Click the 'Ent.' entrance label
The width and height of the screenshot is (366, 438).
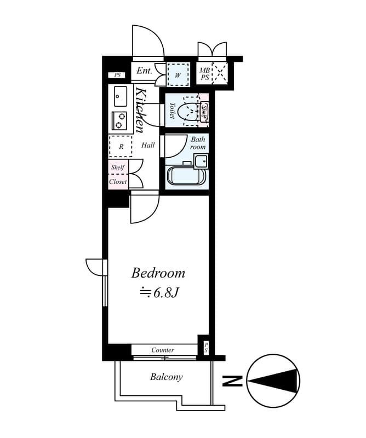144,71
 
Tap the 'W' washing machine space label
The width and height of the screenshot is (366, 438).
178,75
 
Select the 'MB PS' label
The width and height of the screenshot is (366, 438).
204,74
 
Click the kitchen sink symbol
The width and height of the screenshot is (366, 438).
120,97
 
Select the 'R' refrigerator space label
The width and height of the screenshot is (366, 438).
121,147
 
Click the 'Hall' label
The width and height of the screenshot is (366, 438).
148,146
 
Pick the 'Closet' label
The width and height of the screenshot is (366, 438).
118,182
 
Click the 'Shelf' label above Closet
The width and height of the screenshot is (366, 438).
117,168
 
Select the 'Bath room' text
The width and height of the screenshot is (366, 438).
198,143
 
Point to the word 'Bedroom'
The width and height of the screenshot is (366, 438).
158,273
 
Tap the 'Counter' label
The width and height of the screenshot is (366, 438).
163,350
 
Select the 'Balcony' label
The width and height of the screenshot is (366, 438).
166,377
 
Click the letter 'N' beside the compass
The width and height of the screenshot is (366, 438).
234,380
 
